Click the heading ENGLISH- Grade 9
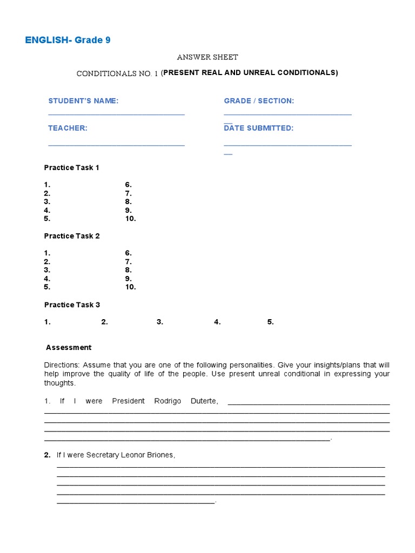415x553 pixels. click(68, 40)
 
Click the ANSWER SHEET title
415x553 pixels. click(207, 57)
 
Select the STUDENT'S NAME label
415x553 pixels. click(83, 101)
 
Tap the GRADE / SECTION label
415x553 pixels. click(259, 101)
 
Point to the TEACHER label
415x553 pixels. click(68, 128)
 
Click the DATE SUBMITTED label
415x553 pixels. click(259, 128)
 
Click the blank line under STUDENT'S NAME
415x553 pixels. click(116, 114)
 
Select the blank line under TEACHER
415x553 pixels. click(116, 144)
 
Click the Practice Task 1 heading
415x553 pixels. click(72, 167)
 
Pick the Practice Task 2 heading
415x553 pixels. click(72, 236)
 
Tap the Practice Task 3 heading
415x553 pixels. click(72, 305)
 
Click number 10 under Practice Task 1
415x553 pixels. click(130, 219)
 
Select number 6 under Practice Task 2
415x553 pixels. click(128, 253)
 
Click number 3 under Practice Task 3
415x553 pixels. click(160, 322)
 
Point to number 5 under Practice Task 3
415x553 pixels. click(270, 322)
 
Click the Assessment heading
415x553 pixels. click(69, 347)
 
